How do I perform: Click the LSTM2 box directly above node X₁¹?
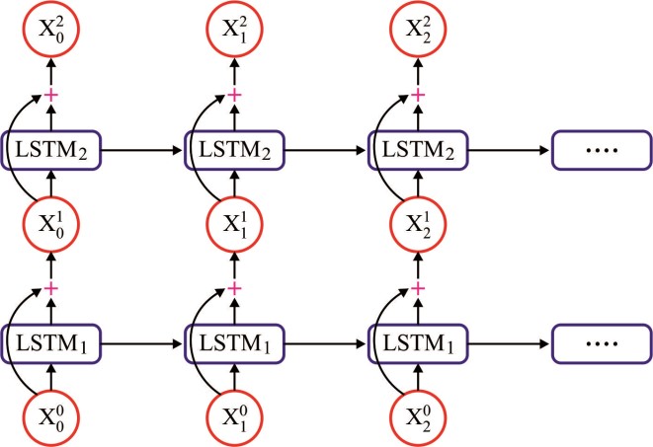pos(234,150)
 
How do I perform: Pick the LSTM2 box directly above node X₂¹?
pos(418,150)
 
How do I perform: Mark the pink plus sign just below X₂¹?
pos(418,287)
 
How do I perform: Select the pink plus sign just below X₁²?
pos(234,95)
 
